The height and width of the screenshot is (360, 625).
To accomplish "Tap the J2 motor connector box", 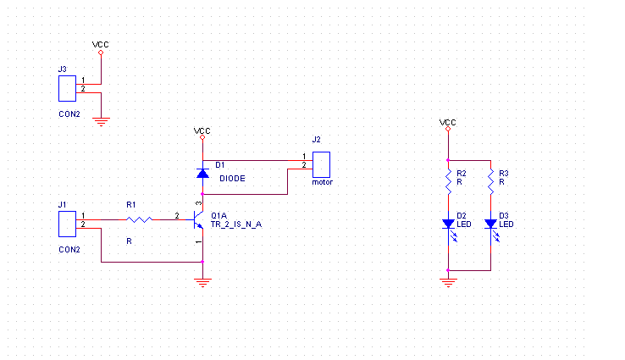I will pos(322,163).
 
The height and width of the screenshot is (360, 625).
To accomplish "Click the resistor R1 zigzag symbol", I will pos(139,220).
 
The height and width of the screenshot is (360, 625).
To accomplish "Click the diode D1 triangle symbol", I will pos(202,173).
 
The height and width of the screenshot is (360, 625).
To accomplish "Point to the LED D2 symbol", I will pos(449,224).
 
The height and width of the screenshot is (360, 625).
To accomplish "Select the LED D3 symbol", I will pos(491,224).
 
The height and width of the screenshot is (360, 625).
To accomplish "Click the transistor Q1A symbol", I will pos(199,222).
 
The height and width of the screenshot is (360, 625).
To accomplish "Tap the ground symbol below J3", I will pos(102,121).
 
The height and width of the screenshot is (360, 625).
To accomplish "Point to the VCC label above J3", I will pos(100,44).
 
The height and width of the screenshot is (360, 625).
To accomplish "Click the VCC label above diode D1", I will pos(202,131).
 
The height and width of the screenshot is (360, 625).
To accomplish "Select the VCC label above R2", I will pos(448,123).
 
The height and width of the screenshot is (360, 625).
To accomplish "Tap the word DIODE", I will pos(233,179).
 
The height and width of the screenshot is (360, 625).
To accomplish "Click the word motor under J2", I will pos(322,181).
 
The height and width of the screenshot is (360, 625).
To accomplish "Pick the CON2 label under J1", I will pos(69,250).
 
